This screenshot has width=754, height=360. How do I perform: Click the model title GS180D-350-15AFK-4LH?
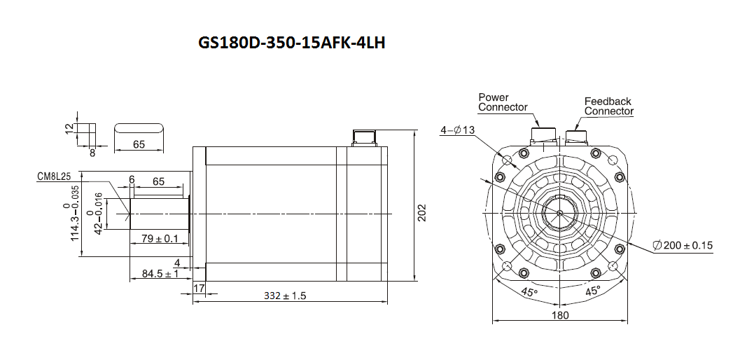[x=291, y=43]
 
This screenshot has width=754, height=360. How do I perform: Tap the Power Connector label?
[x=503, y=102]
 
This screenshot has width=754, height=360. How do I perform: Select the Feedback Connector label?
[x=608, y=106]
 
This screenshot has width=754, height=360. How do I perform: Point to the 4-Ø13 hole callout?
[x=457, y=130]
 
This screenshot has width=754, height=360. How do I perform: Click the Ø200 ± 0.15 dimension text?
[x=683, y=245]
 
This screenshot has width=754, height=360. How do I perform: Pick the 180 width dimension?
[x=560, y=315]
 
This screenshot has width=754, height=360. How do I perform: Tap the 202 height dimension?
[x=421, y=212]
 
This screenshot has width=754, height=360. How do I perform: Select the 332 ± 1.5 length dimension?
[x=285, y=296]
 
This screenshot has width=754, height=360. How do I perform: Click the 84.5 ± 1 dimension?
[x=160, y=273]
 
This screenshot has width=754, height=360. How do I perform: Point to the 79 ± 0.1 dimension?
[x=160, y=237]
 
